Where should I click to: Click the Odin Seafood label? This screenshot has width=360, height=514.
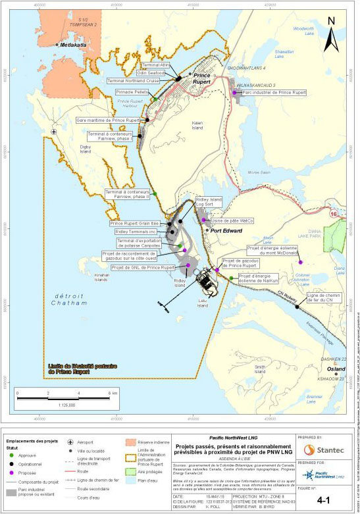pos(155,73)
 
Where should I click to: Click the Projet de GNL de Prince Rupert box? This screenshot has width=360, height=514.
pos(143,268)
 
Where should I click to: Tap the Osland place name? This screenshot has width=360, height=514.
pos(336,369)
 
